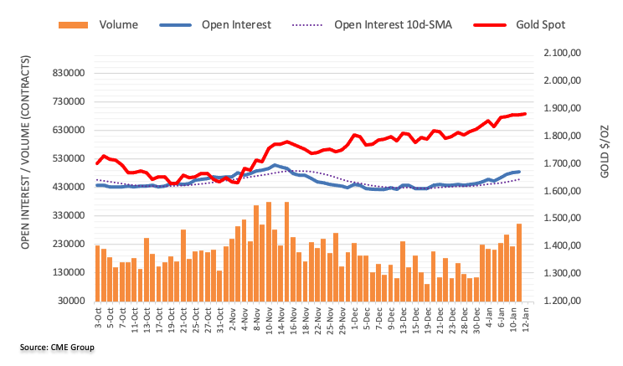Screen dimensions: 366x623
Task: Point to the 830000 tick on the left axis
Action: [68, 73]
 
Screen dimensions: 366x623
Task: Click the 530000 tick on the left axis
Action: [68, 158]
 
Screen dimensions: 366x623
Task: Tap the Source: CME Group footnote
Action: [53, 347]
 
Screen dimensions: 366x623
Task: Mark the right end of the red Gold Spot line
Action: [524, 113]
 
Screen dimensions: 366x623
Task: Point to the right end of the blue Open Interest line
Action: [519, 172]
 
